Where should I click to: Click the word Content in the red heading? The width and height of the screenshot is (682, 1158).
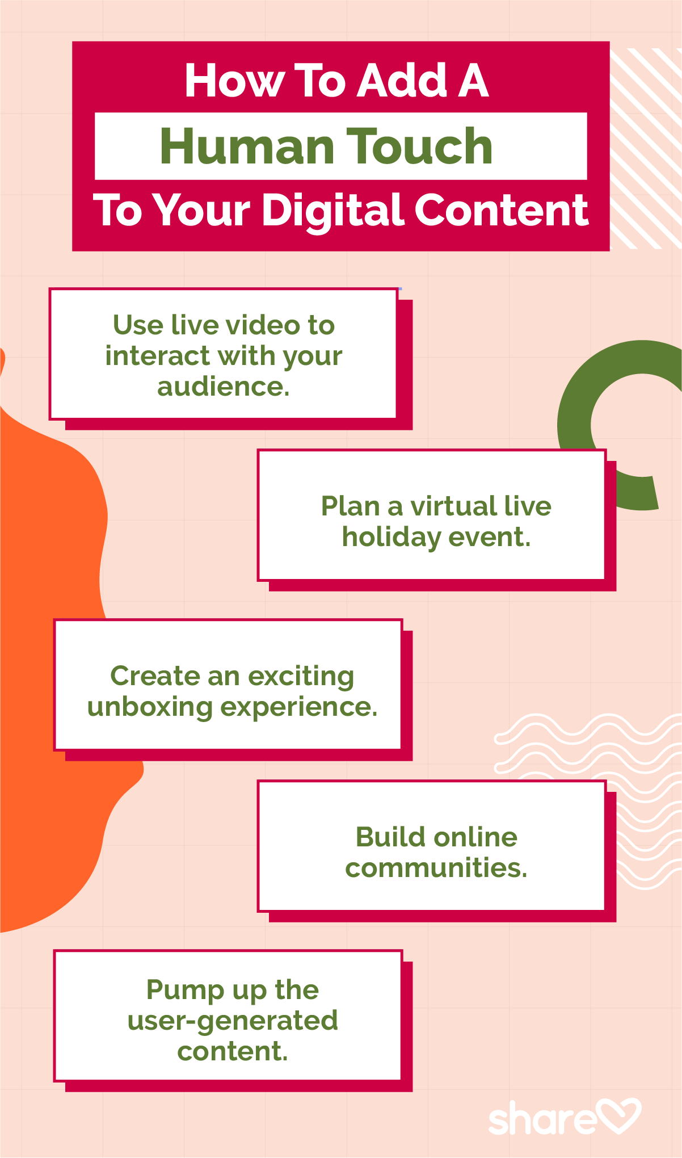click(x=502, y=209)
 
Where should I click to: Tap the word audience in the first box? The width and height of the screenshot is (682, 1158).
click(x=224, y=387)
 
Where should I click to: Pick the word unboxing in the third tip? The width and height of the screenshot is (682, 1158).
click(x=150, y=708)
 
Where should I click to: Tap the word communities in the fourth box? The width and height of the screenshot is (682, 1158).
click(x=436, y=868)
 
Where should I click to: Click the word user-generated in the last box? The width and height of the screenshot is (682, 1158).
click(x=233, y=1021)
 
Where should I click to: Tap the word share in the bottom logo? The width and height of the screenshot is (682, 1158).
click(x=542, y=1118)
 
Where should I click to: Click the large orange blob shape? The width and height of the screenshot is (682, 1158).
click(x=51, y=681)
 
